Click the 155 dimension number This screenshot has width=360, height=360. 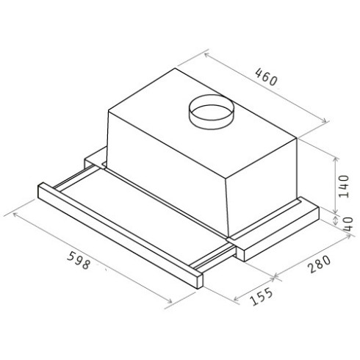tap(262, 296)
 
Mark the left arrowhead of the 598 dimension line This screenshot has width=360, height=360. tap(7, 214)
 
